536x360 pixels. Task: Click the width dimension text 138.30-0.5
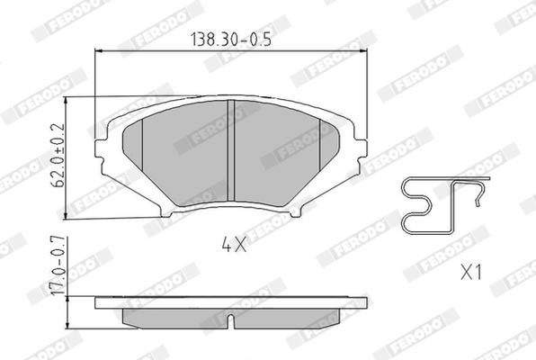[x=231, y=40]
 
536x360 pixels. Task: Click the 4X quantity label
[x=232, y=243]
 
